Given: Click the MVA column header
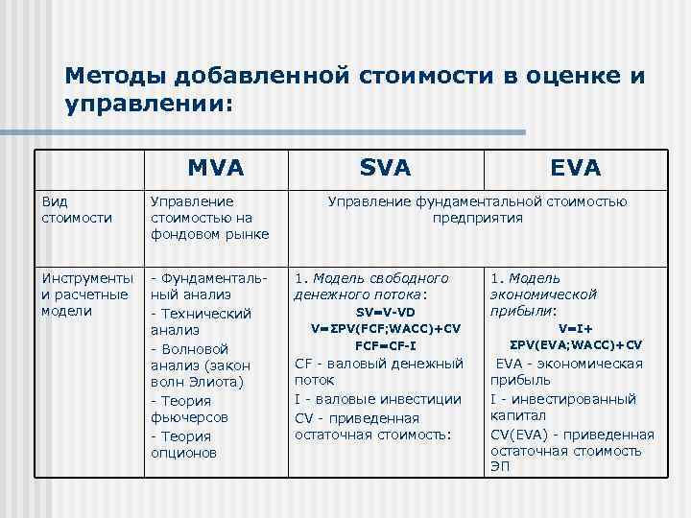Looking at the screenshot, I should [216, 168].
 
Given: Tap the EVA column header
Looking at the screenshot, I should [576, 168].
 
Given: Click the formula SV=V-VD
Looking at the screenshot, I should [386, 312].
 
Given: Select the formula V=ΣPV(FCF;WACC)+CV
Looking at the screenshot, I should [386, 328].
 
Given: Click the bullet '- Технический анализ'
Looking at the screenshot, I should [202, 321].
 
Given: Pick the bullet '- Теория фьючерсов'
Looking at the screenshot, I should [193, 409].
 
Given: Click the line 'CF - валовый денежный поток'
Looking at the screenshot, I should [378, 371].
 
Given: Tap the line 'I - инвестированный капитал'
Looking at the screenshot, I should [562, 407].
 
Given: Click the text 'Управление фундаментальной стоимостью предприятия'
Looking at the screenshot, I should [477, 209].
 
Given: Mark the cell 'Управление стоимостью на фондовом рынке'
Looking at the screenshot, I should [209, 218].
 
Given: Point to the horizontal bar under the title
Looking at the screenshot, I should [288, 131].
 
